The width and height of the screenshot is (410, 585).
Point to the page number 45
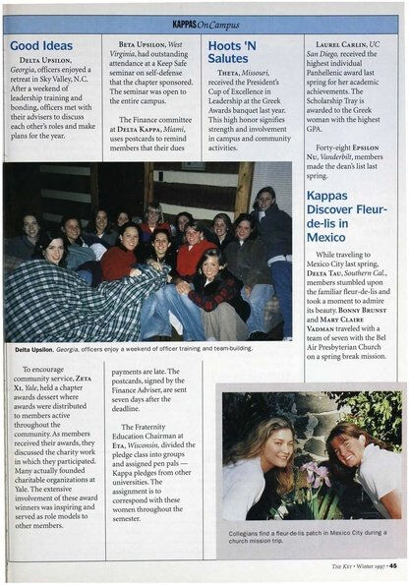pyautogui.click(x=392, y=565)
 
